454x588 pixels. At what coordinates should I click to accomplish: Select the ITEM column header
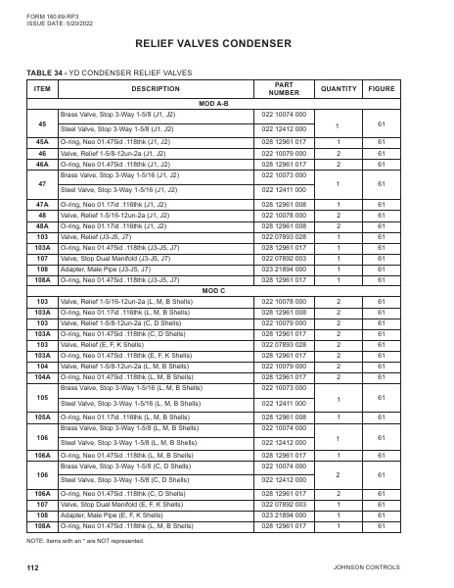pos(42,88)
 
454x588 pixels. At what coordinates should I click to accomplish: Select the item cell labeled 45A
pos(42,142)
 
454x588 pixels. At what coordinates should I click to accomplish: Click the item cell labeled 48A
pos(42,224)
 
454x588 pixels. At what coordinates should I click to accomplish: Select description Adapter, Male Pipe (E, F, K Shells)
pos(112,513)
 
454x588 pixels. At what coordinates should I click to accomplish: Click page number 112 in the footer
pos(32,567)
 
